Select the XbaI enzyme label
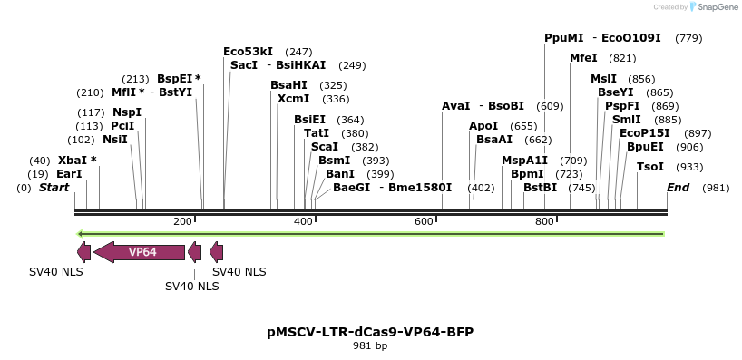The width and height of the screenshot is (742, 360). click(x=72, y=161)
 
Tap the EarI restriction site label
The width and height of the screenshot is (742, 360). click(x=69, y=174)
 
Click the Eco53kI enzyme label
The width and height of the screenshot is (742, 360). click(x=248, y=52)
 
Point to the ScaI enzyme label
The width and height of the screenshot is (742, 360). click(x=325, y=147)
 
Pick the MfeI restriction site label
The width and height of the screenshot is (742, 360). click(x=583, y=58)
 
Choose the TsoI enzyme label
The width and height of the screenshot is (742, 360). click(x=650, y=167)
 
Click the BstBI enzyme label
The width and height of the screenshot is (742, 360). click(x=540, y=188)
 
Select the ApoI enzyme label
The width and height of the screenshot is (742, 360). click(x=483, y=126)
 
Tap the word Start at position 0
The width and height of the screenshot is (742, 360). click(x=54, y=188)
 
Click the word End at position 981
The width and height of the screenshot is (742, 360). click(x=678, y=188)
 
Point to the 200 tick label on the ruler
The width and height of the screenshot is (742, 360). click(x=182, y=222)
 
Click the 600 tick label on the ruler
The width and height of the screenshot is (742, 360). click(x=424, y=222)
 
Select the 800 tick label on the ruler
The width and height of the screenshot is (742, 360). click(x=544, y=222)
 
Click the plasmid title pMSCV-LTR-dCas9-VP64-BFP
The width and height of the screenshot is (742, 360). click(x=370, y=332)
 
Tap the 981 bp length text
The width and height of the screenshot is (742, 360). click(x=370, y=345)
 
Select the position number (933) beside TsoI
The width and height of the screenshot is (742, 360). click(x=689, y=167)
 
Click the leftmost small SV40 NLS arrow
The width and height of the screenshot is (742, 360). click(x=83, y=252)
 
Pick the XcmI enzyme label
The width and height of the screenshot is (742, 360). click(x=293, y=99)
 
